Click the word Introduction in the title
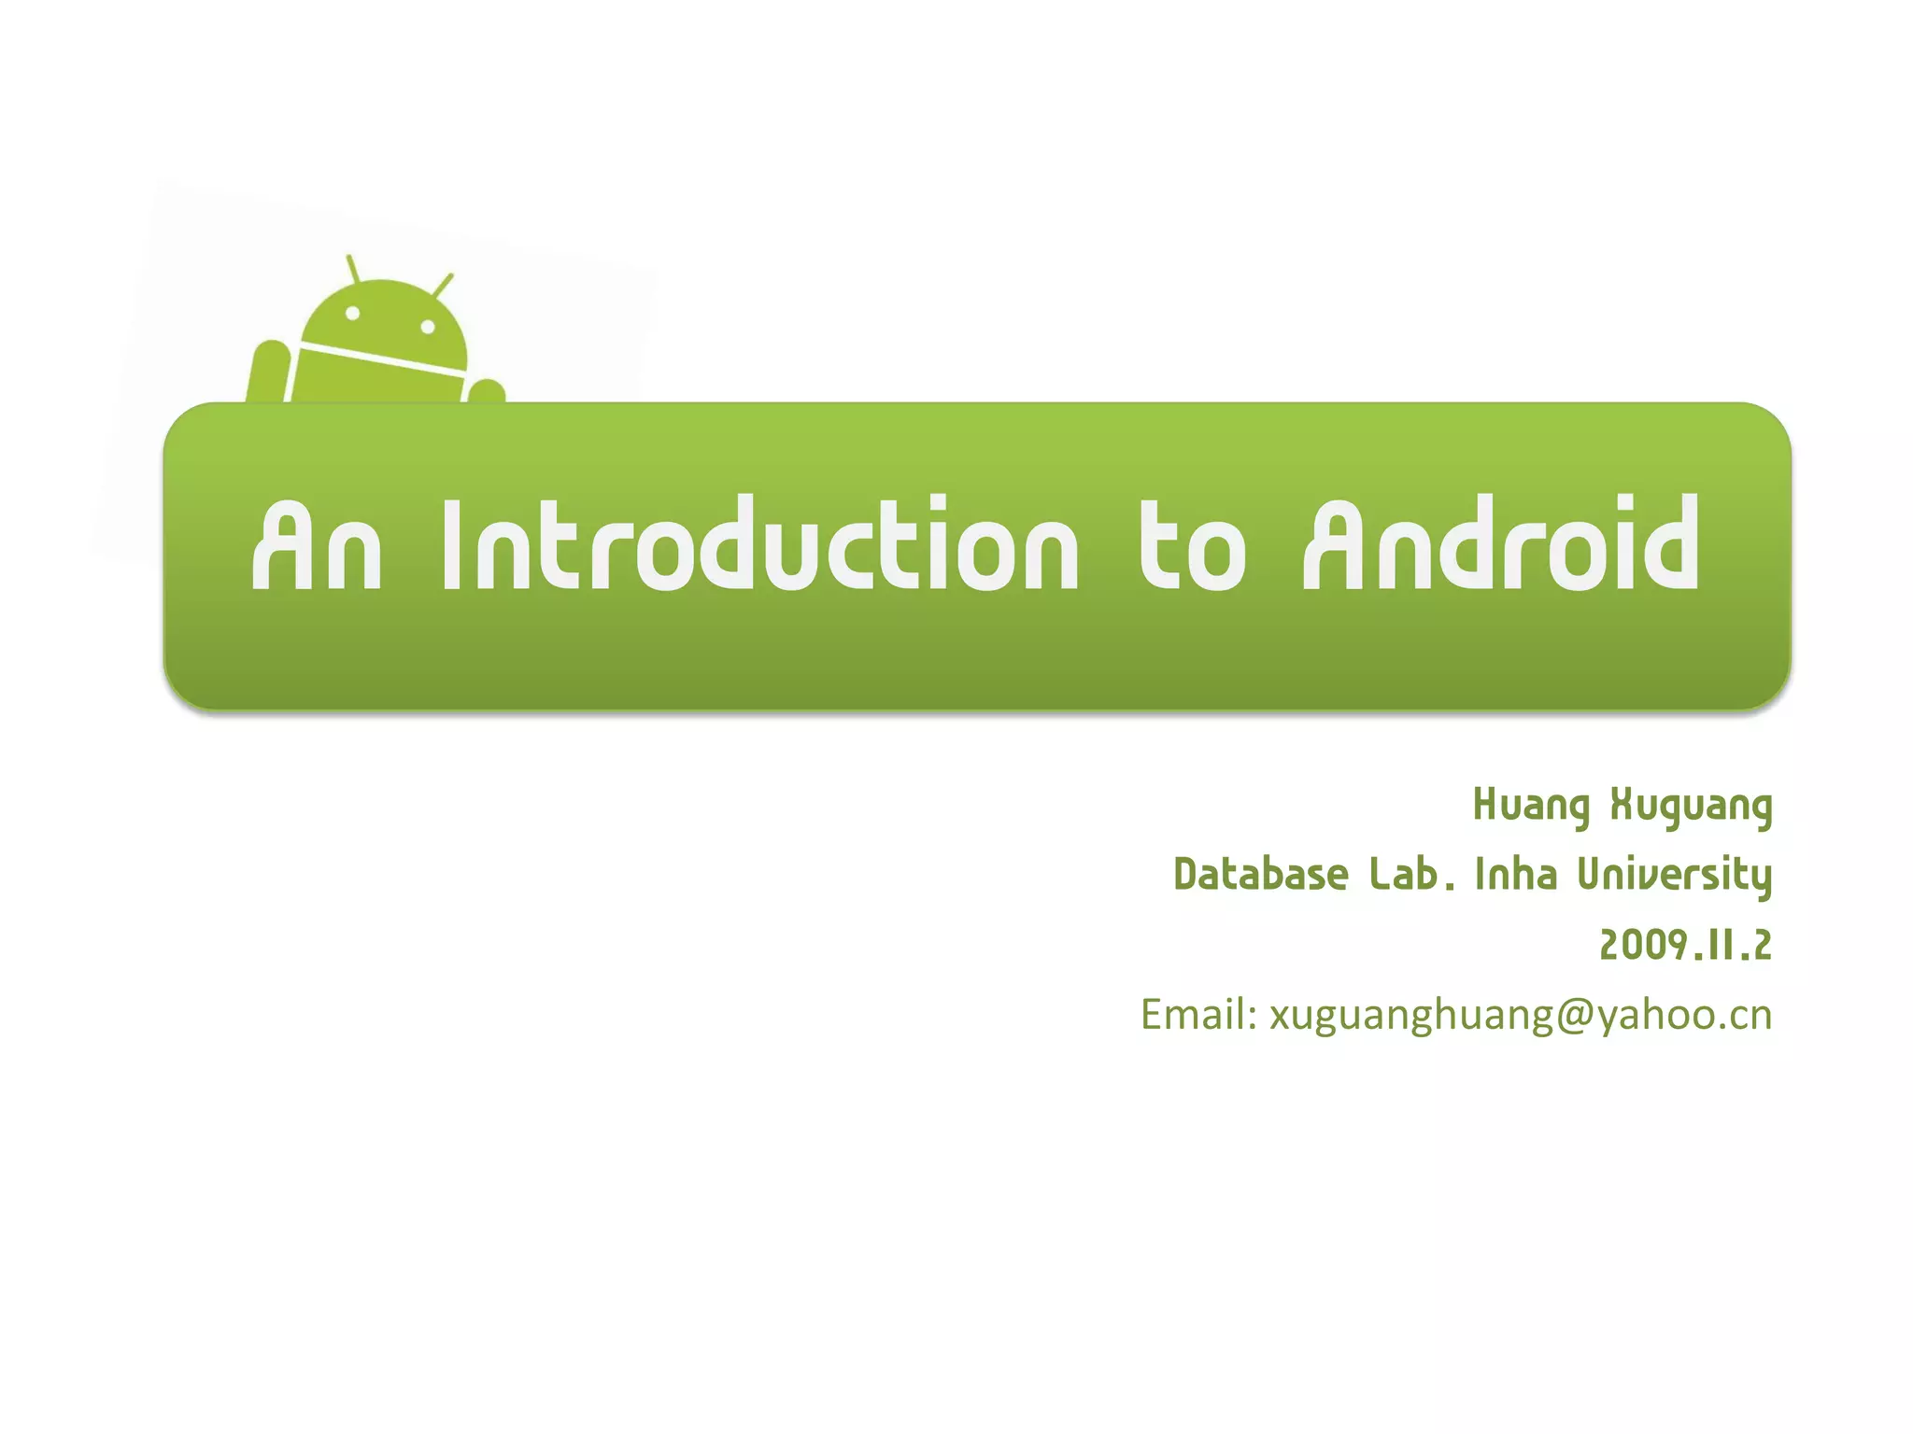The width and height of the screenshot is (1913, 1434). pyautogui.click(x=759, y=546)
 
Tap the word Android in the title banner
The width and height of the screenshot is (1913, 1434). pyautogui.click(x=1501, y=546)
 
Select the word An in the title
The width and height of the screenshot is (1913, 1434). pyautogui.click(x=317, y=546)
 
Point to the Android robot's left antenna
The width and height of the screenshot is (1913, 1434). pyautogui.click(x=353, y=269)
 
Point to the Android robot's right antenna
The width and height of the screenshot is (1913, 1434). pyautogui.click(x=444, y=285)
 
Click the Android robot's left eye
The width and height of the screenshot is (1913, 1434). pyautogui.click(x=353, y=314)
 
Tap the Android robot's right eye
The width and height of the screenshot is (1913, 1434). pyautogui.click(x=428, y=327)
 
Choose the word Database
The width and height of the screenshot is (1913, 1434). pyautogui.click(x=1260, y=875)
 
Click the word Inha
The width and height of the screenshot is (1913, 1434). pyautogui.click(x=1516, y=875)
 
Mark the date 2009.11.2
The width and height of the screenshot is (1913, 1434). pyautogui.click(x=1685, y=945)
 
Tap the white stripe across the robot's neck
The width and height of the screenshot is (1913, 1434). pyautogui.click(x=381, y=358)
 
